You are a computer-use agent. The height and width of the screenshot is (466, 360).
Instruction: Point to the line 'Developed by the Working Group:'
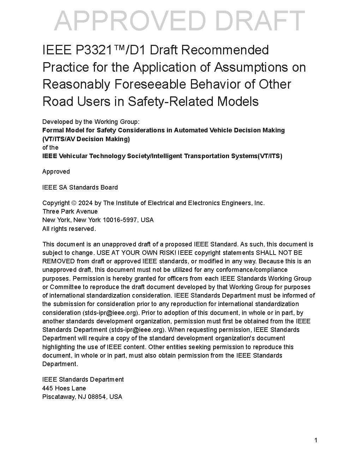pos(91,122)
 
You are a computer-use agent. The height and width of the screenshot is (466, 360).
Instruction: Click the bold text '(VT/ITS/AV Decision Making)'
pos(86,139)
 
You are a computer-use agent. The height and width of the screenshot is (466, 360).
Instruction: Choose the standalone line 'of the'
pos(50,148)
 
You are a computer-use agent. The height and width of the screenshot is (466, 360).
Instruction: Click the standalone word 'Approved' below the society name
pos(56,172)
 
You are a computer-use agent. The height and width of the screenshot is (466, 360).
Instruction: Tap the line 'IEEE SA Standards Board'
pos(80,187)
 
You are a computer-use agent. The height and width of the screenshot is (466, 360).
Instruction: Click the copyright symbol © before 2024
pos(74,203)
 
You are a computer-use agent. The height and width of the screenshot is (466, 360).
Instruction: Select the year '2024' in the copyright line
pos(85,203)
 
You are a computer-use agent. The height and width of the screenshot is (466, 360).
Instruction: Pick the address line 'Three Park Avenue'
pos(70,211)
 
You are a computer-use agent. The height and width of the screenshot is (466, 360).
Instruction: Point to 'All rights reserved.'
pos(69,229)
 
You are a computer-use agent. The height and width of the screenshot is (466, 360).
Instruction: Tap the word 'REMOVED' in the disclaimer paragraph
pos(59,261)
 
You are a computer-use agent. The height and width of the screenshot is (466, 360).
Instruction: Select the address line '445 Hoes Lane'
pos(64,388)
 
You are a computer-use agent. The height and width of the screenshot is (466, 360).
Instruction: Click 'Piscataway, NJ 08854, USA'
pos(82,397)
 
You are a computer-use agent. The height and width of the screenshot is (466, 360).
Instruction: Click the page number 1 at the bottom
pos(316,440)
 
